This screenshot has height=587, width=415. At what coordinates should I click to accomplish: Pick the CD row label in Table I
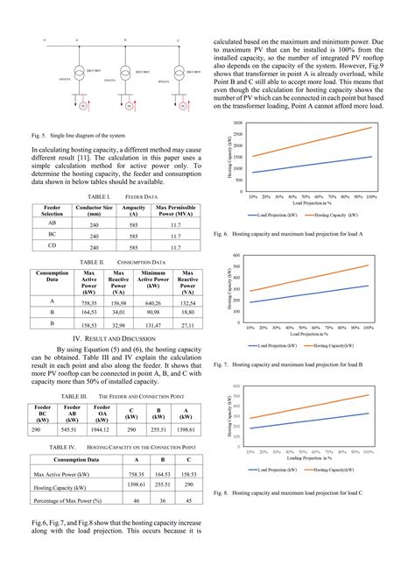coord(53,248)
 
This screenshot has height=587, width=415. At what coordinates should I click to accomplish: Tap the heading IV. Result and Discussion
coord(113,337)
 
